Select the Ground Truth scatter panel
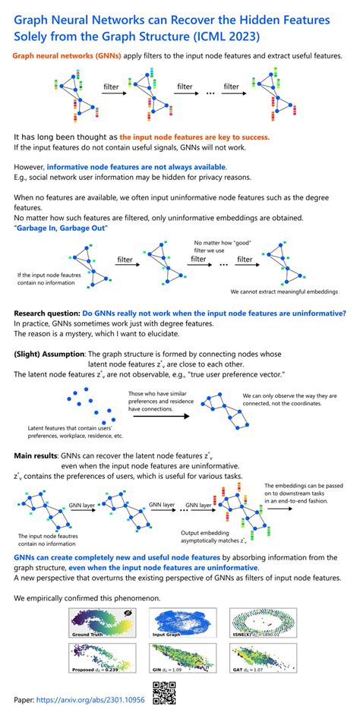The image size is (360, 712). [101, 624]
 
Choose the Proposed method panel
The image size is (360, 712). [101, 660]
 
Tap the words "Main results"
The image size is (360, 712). [38, 455]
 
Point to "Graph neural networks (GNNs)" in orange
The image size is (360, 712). [63, 57]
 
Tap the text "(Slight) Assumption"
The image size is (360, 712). [49, 354]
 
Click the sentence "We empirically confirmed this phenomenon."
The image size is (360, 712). [87, 598]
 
